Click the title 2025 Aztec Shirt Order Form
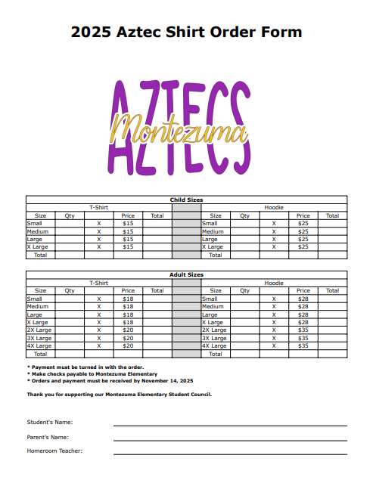click(x=186, y=32)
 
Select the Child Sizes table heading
click(x=186, y=200)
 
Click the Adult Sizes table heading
click(x=186, y=274)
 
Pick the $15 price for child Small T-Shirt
click(x=128, y=224)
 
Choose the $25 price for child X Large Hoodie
click(x=303, y=246)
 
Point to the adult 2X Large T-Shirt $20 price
click(x=128, y=330)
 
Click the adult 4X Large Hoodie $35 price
click(x=303, y=345)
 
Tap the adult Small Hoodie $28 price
click(x=303, y=299)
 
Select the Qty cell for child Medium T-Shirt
click(x=70, y=231)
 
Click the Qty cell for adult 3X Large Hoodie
click(x=244, y=338)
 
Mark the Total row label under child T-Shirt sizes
click(x=41, y=255)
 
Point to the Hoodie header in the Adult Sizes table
click(x=273, y=283)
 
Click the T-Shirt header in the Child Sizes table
click(x=98, y=207)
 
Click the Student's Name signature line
click(x=230, y=425)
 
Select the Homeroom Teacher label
click(x=54, y=451)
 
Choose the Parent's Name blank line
click(x=230, y=440)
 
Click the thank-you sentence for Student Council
click(x=120, y=394)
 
